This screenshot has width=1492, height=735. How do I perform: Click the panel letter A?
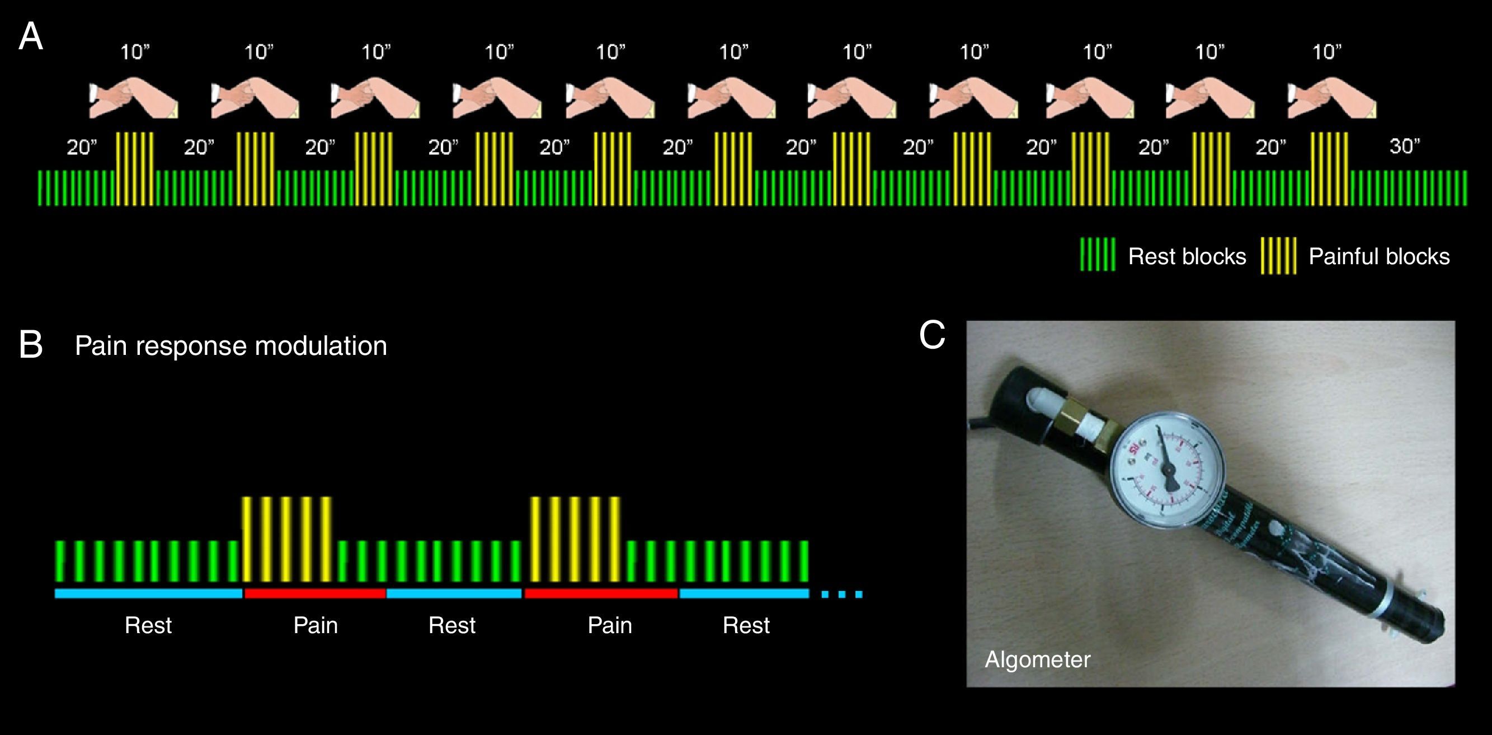[31, 38]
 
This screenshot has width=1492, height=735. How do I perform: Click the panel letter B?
[31, 345]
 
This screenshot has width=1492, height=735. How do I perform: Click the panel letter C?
[932, 335]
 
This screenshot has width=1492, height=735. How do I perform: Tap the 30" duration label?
[1405, 146]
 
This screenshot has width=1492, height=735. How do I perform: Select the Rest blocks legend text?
[1187, 256]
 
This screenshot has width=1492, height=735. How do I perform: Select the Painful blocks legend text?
[1379, 256]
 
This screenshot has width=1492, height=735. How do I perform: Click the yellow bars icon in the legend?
[1278, 256]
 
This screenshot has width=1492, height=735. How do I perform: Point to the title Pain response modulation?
[230, 346]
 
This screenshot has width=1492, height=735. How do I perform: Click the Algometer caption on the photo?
[1037, 659]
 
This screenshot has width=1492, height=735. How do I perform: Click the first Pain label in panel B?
[316, 625]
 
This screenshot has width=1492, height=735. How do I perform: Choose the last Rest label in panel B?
[746, 625]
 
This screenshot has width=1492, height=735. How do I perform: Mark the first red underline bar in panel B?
[315, 593]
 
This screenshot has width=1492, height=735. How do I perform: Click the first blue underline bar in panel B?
[148, 593]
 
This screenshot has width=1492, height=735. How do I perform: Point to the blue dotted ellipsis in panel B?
[841, 594]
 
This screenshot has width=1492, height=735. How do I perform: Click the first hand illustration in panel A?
[134, 99]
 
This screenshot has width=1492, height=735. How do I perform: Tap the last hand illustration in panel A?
[1331, 99]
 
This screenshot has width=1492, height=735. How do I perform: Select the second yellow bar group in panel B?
[575, 539]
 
